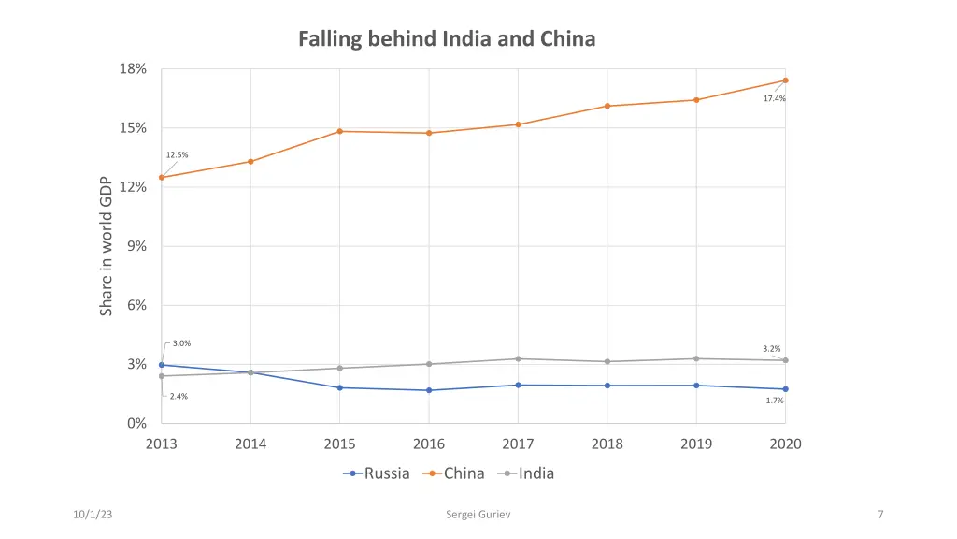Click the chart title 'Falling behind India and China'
[x=447, y=39]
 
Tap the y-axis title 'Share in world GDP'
[x=107, y=246]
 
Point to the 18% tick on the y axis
[x=133, y=69]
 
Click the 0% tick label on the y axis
[x=136, y=423]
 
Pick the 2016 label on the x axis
[x=429, y=444]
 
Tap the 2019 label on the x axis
[x=696, y=444]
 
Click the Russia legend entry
[x=377, y=473]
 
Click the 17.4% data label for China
[x=774, y=98]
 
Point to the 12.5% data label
[x=177, y=155]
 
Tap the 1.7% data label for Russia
[x=775, y=401]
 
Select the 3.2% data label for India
[x=772, y=349]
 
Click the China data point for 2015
[x=340, y=131]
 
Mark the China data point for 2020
[x=785, y=80]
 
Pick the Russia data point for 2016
[x=429, y=390]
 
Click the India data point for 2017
[x=518, y=358]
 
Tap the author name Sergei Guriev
[x=478, y=515]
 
